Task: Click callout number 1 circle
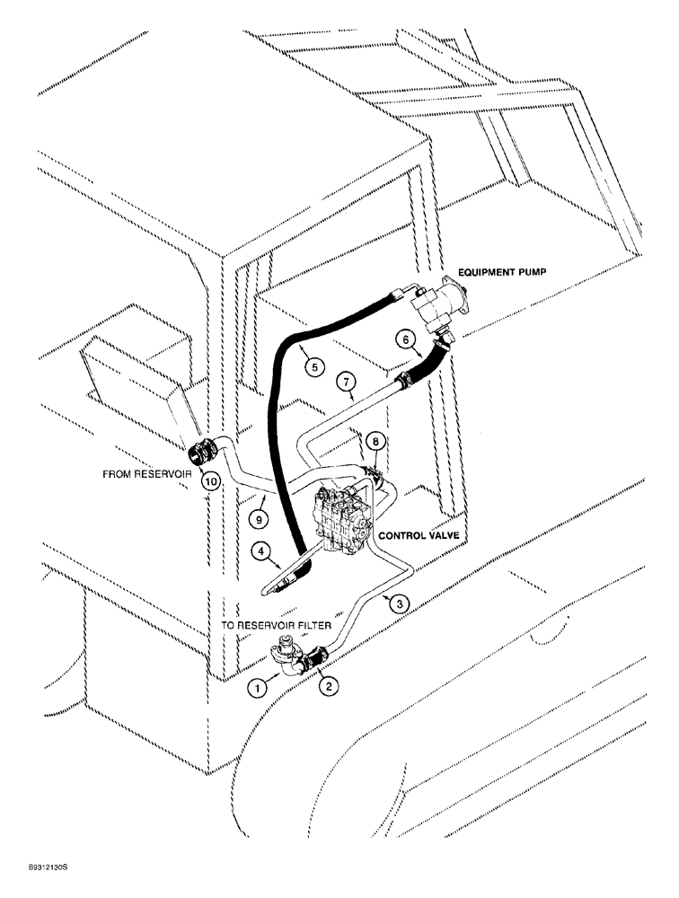click(x=259, y=690)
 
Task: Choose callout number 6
click(x=404, y=339)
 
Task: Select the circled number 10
click(x=210, y=481)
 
